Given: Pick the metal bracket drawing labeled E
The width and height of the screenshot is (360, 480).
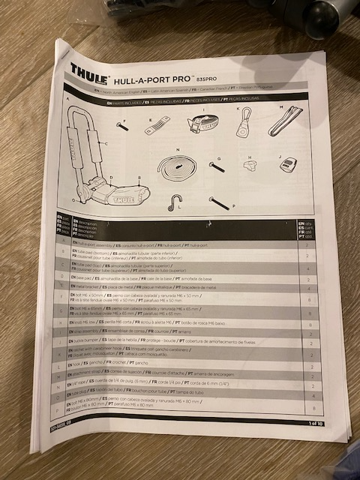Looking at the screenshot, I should click(x=157, y=124).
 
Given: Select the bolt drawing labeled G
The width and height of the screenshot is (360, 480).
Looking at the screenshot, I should click(x=217, y=167).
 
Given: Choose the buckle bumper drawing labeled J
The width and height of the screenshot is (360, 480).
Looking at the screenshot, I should click(x=287, y=165).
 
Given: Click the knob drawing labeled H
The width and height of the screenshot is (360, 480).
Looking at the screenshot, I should click(x=251, y=165).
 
